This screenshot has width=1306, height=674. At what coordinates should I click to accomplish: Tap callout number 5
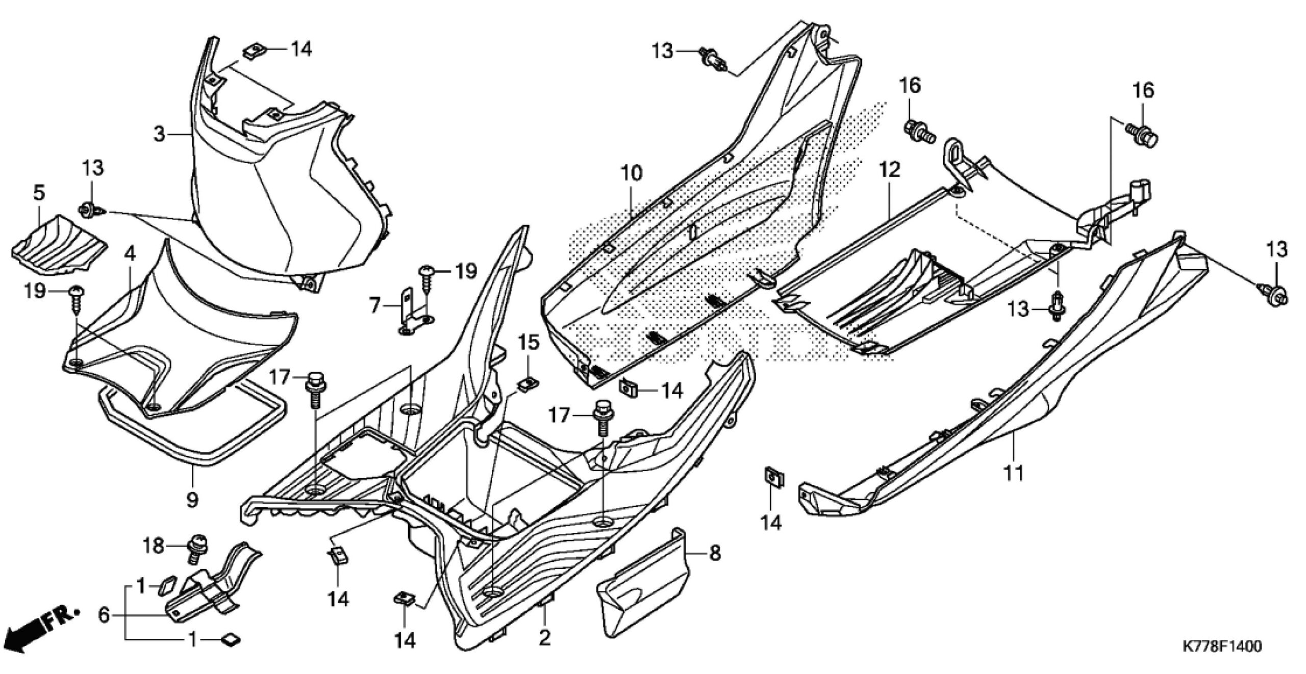coord(39,193)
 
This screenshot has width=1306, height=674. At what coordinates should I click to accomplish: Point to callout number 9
coord(192,500)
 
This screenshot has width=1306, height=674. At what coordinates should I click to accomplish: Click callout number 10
coord(632,174)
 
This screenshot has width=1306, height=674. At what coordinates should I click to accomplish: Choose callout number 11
coord(1014,473)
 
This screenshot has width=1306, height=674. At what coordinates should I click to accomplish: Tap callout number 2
coord(545,637)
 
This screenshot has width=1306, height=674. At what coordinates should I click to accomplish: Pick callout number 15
coord(529,342)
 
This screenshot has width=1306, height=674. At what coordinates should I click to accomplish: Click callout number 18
coord(153,546)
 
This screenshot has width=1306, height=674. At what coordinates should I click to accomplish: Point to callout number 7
coord(375,305)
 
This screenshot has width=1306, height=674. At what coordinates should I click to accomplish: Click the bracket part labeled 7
coord(413,316)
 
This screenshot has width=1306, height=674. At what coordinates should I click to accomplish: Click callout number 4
coord(130,253)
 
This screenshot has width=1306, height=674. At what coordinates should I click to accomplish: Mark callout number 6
coord(104,615)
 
